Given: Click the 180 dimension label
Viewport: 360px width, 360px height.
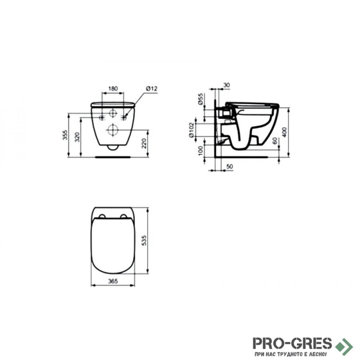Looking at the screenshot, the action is coord(113,88).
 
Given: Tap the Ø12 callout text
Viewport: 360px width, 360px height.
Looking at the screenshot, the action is coord(152,88).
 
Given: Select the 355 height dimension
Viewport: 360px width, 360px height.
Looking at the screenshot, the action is coord(65,135).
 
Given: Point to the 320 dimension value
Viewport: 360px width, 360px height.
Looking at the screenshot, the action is coord(77,137).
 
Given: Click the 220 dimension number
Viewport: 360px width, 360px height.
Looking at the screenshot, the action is coord(144,144).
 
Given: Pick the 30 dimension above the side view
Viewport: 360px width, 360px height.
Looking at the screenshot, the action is coord(226,85).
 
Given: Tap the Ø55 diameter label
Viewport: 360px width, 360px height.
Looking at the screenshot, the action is coord(200,99).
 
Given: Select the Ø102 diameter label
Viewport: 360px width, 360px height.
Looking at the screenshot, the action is coord(191,130).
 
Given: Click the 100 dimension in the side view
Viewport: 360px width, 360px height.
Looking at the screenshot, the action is coord(200,151).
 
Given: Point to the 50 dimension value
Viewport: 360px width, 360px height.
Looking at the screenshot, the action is coord(229,166).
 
